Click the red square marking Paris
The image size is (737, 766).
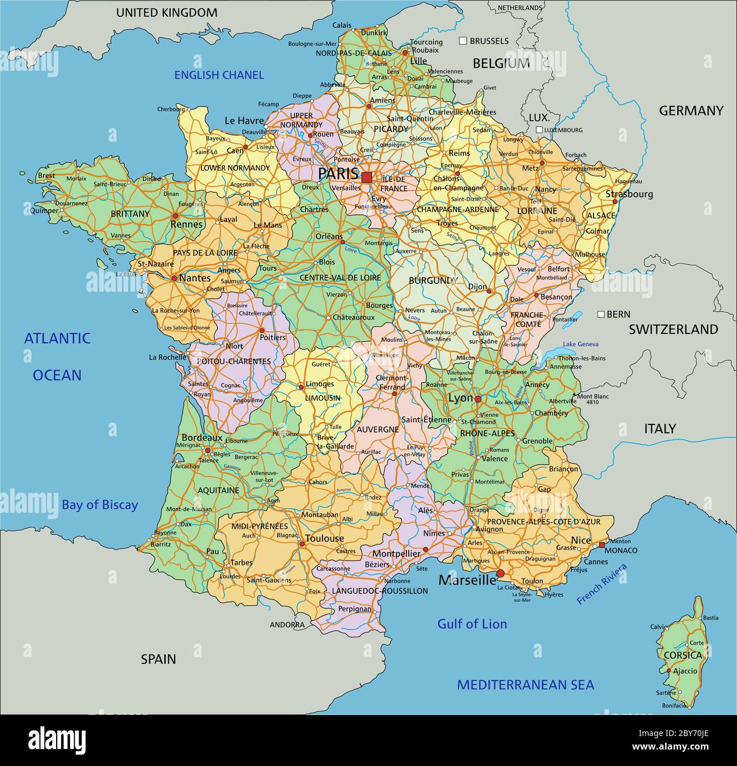(367, 177)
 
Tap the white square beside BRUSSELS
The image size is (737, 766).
(463, 41)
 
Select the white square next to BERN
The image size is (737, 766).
(600, 314)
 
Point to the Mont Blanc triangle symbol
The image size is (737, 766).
(574, 395)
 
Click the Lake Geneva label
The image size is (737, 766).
(581, 344)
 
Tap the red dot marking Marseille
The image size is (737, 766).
(500, 574)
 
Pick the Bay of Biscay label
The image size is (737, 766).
(100, 505)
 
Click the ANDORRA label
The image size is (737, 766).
(287, 625)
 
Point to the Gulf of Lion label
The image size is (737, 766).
(472, 624)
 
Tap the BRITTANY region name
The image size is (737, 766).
(130, 214)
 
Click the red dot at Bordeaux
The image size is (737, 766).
(208, 451)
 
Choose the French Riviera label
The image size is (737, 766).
(602, 584)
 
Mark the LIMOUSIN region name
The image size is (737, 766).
(323, 398)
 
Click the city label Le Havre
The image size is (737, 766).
(244, 121)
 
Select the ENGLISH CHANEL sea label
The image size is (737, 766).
(219, 75)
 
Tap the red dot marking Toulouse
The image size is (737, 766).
(302, 544)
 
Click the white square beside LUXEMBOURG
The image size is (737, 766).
(539, 130)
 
